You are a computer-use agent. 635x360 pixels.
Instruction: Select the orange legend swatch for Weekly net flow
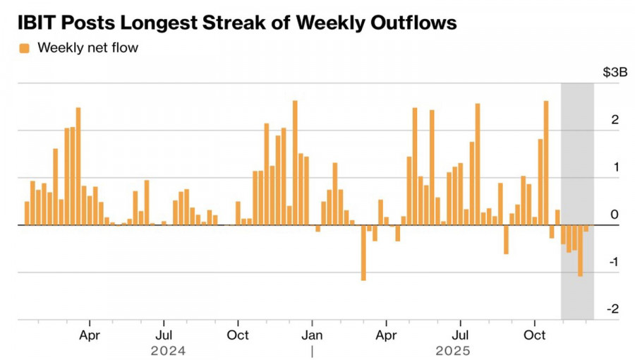(x=25, y=48)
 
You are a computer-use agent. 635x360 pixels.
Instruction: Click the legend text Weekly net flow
(x=87, y=48)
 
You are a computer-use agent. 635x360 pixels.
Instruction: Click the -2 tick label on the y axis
(x=612, y=309)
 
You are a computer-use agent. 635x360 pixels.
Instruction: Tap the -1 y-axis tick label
(x=612, y=262)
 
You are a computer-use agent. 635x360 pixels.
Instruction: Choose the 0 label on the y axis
(x=615, y=215)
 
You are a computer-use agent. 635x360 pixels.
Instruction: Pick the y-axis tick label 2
(x=615, y=120)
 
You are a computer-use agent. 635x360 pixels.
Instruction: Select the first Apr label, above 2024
(x=90, y=334)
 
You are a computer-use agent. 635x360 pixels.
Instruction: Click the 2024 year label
(x=169, y=350)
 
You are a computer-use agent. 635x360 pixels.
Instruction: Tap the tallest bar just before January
(x=295, y=162)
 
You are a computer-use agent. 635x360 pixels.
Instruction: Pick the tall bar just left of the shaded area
(x=545, y=162)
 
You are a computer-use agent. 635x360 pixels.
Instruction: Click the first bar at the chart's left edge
(x=27, y=213)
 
